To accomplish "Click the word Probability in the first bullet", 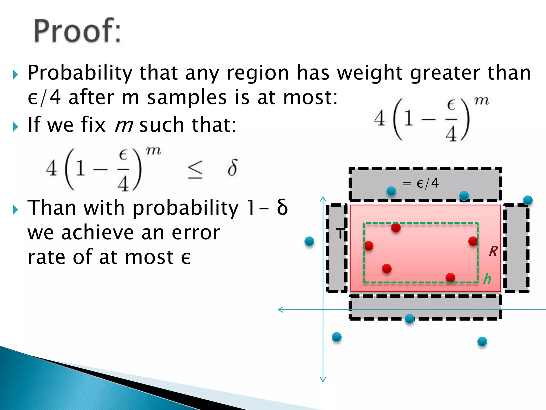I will point(80,73).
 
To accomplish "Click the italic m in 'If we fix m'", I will point(124,125).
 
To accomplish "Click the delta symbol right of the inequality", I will point(232,168).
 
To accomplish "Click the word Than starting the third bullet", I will point(52,208).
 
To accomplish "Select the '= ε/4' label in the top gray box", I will point(420,183).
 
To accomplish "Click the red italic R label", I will point(493,251).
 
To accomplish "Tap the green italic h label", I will point(487,279).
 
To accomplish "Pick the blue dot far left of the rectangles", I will point(309,241).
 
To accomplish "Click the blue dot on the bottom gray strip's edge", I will point(409,318).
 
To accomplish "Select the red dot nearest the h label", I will point(450,277).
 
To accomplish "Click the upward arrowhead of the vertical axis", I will point(323,198).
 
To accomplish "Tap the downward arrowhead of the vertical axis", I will point(323,380).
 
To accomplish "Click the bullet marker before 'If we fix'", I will point(15,127).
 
